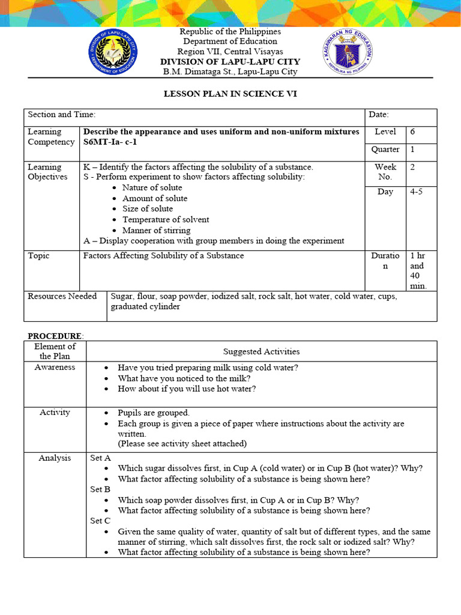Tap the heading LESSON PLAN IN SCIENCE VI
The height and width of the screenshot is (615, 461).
click(x=230, y=94)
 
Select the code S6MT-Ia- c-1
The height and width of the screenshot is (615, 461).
click(x=114, y=142)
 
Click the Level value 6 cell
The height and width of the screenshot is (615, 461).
click(x=421, y=132)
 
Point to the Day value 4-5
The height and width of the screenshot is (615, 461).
click(x=416, y=192)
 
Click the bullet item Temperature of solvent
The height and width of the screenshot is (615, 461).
click(x=166, y=219)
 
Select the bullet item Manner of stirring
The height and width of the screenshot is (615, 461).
click(x=156, y=230)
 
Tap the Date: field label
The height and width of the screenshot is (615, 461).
click(x=379, y=114)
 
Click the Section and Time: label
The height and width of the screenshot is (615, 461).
click(x=62, y=114)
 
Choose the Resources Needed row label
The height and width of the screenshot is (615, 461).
click(x=62, y=296)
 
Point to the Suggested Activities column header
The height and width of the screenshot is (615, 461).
click(x=261, y=351)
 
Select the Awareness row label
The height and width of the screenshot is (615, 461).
click(x=55, y=367)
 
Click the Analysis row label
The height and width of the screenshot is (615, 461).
click(x=55, y=458)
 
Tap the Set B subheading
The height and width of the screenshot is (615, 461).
click(x=100, y=489)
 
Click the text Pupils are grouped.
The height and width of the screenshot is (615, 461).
click(x=154, y=413)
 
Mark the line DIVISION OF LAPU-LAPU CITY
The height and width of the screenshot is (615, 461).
click(x=230, y=62)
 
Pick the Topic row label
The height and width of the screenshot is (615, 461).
click(x=39, y=255)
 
